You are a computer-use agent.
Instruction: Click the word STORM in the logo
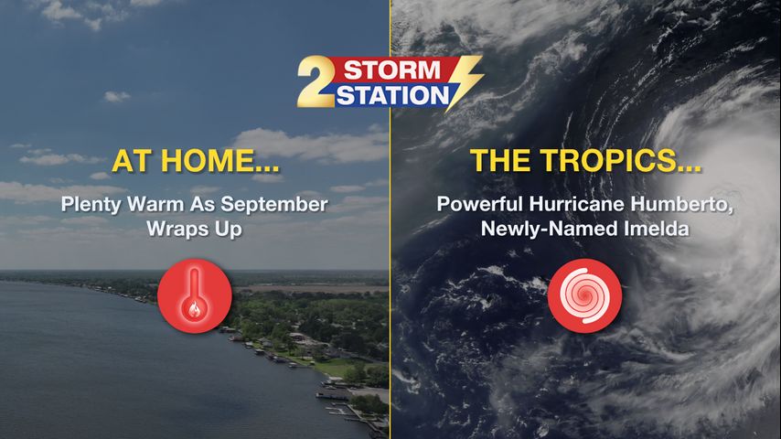pos(392,70)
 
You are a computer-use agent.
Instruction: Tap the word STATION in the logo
pos(393,95)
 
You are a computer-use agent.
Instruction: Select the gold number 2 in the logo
pos(316,81)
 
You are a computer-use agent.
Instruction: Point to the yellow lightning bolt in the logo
pos(464,81)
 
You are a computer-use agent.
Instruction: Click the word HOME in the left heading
pos(219,160)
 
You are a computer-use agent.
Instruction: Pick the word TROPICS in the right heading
pos(622,160)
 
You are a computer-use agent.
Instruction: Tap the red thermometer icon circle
pos(195,295)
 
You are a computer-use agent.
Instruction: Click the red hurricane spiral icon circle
pos(584,295)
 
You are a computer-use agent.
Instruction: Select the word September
pos(274,205)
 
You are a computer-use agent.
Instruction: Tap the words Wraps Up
pos(194,229)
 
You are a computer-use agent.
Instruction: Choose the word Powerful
pos(479,204)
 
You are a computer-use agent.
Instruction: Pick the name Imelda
pos(657,229)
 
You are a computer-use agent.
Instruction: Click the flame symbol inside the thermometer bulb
pos(195,310)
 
